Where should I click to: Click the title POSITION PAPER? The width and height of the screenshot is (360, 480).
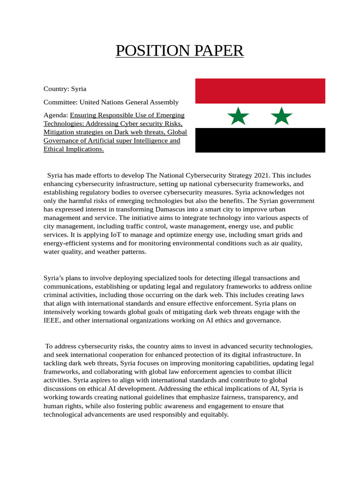pyautogui.click(x=180, y=51)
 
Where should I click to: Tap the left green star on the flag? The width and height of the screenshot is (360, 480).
pyautogui.click(x=238, y=116)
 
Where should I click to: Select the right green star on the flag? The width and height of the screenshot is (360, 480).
pyautogui.click(x=282, y=116)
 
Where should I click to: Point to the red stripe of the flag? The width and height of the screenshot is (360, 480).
pyautogui.click(x=260, y=91)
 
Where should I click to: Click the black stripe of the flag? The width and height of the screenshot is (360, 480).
pyautogui.click(x=260, y=140)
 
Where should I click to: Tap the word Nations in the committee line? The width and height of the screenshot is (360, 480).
pyautogui.click(x=119, y=102)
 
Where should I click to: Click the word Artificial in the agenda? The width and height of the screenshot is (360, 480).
pyautogui.click(x=109, y=141)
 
